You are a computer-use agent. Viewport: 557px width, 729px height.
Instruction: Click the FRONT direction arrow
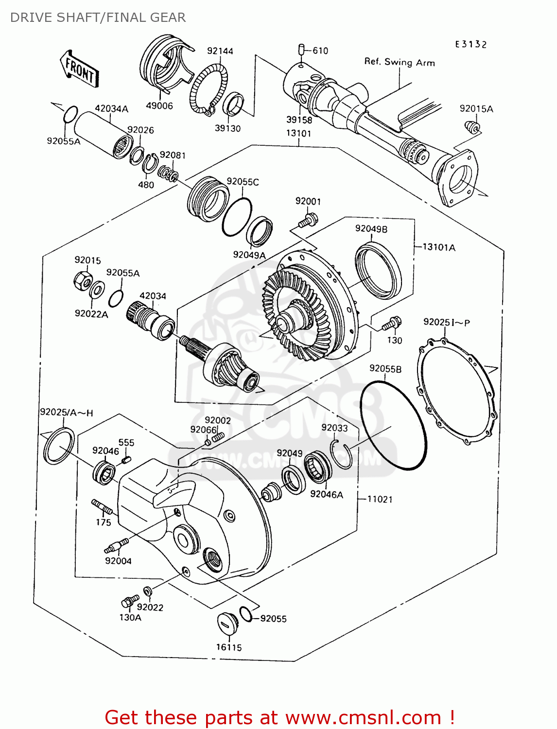click(79, 69)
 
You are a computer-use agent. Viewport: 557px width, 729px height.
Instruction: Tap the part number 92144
click(220, 51)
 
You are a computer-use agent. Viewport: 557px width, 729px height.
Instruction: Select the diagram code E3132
click(470, 45)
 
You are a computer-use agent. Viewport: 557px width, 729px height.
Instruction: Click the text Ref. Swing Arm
click(399, 62)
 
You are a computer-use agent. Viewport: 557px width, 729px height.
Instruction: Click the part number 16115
click(229, 647)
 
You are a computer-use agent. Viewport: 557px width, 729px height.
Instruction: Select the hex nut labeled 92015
click(82, 281)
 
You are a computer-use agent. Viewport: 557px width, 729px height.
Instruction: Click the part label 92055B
click(385, 369)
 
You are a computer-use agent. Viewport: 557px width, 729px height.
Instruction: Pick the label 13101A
click(439, 247)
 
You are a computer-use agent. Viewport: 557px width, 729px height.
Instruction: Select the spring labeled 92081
click(168, 174)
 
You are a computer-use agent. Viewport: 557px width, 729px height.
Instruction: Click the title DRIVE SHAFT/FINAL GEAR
click(98, 17)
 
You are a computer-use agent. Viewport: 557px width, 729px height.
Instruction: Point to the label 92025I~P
click(446, 322)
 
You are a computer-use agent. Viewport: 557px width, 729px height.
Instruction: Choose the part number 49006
click(159, 105)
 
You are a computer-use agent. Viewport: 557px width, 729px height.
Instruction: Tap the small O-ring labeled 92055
click(246, 614)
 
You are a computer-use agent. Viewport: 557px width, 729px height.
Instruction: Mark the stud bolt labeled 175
click(102, 507)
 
